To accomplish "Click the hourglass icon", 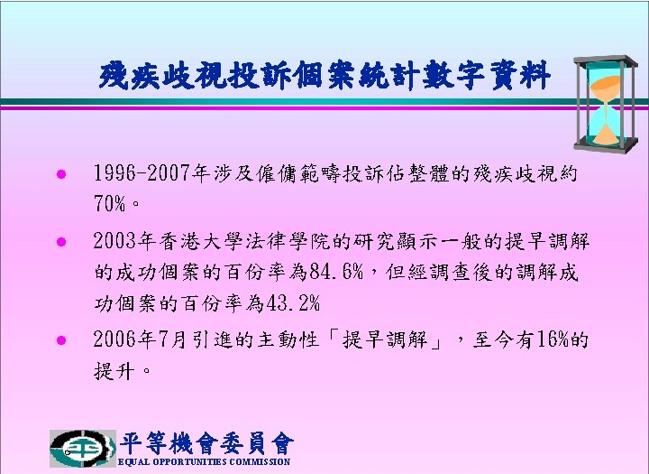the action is [606, 104].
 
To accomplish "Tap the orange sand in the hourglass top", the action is [605, 88].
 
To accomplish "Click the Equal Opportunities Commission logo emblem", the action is [82, 449].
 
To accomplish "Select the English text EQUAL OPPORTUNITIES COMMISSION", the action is [204, 461].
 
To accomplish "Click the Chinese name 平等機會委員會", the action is [206, 443].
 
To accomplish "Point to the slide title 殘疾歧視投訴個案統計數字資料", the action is [324, 75].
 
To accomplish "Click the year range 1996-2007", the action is [142, 173].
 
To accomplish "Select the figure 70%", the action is [110, 203].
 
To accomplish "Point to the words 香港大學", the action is [202, 241].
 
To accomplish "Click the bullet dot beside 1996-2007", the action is [61, 173].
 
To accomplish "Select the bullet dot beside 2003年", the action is [61, 241].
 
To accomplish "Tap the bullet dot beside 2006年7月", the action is [61, 340].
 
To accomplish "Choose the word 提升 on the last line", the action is [114, 371].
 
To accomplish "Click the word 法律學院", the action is [288, 241].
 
